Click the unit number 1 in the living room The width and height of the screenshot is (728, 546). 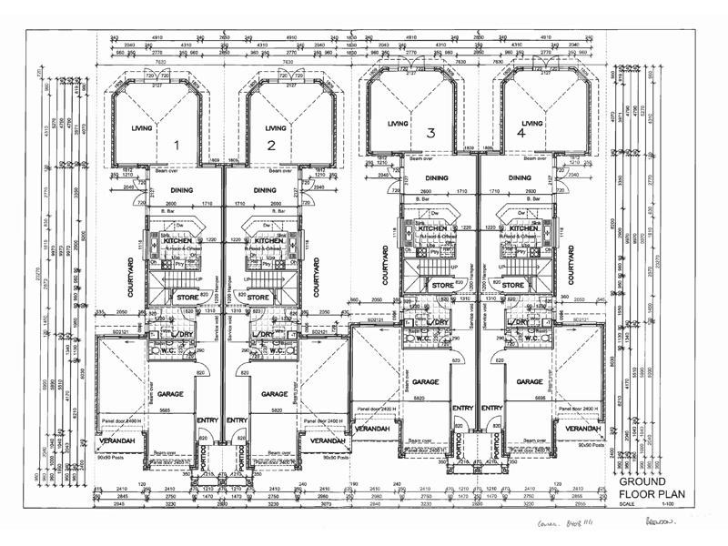(178, 144)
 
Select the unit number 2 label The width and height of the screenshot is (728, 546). (271, 144)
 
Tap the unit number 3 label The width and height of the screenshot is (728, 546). (430, 133)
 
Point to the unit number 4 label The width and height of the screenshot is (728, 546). (521, 133)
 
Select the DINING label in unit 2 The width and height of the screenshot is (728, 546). (265, 190)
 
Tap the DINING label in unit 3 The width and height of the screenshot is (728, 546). (437, 179)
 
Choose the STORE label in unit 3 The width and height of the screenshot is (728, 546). (443, 285)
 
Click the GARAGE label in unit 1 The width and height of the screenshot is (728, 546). (173, 394)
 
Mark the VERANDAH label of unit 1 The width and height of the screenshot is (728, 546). (117, 441)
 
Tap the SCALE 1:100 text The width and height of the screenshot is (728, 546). (643, 503)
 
